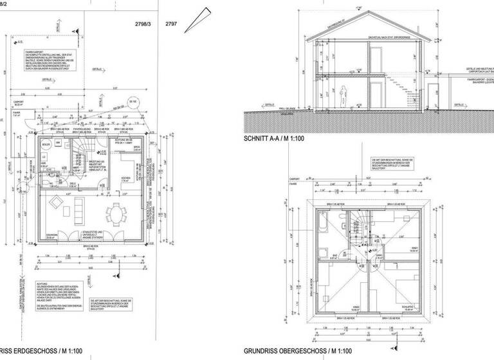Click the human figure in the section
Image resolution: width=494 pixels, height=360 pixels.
tap(345, 94)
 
